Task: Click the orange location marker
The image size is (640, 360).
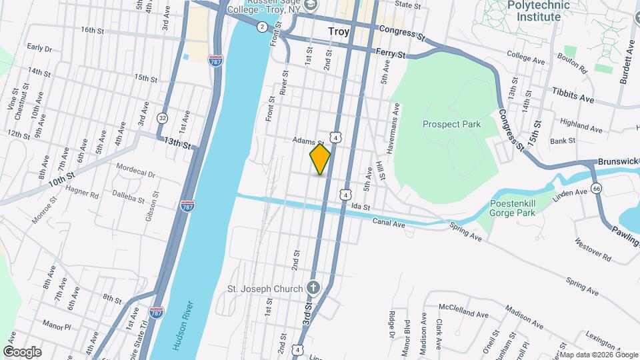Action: tap(321, 159)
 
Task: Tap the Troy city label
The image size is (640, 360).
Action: tap(339, 31)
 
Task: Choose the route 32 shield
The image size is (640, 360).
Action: tap(162, 117)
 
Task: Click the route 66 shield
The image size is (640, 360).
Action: tap(596, 189)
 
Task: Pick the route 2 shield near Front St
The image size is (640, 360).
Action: tap(263, 27)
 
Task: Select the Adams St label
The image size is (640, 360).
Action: tap(308, 142)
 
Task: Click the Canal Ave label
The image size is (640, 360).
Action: tap(389, 222)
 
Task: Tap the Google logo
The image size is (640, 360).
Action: tap(22, 352)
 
